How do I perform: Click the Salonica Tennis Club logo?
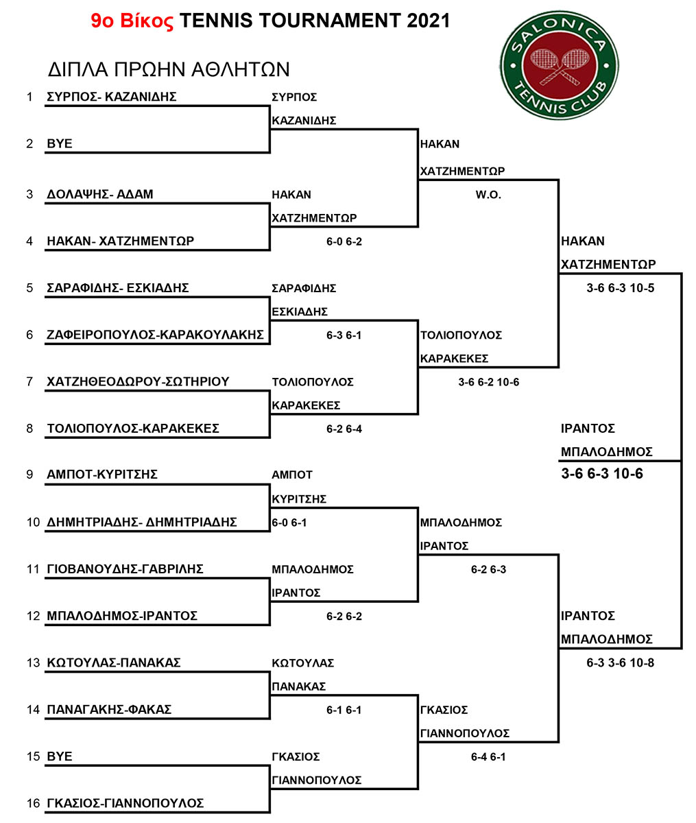560,65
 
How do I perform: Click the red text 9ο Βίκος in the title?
132,21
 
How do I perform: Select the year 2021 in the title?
428,21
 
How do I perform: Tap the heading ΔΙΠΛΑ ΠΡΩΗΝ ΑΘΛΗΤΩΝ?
169,69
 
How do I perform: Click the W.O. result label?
488,195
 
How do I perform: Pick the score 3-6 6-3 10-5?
620,288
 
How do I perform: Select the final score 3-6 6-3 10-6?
601,473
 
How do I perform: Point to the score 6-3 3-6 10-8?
620,663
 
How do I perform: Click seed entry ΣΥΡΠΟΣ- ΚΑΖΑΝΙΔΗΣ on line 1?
112,97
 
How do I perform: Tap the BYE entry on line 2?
60,143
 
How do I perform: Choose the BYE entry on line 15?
60,756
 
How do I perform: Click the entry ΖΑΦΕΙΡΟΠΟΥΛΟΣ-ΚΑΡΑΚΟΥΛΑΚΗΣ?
155,335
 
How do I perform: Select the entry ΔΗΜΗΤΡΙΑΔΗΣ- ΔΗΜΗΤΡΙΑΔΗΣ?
142,522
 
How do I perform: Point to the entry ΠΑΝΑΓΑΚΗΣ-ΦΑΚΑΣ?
109,709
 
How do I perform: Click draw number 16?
33,803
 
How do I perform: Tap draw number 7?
29,381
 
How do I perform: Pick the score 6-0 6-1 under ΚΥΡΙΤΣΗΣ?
289,523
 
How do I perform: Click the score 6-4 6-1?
488,756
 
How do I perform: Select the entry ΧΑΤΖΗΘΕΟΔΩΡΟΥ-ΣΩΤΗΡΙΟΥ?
138,381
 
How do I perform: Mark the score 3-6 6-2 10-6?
488,382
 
